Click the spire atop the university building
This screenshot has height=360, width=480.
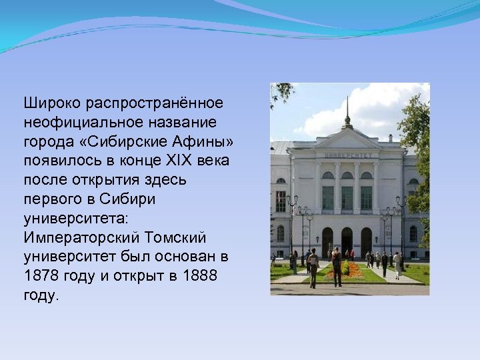(347, 110)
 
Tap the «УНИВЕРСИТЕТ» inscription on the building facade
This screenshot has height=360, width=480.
(347, 155)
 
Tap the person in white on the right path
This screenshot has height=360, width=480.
(397, 264)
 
